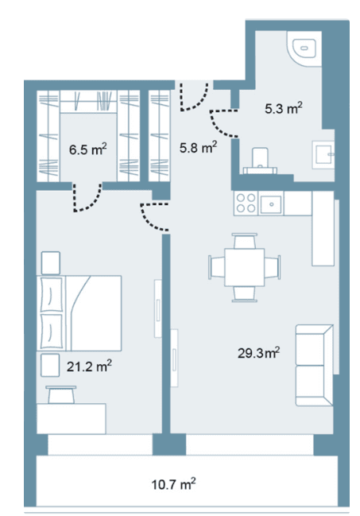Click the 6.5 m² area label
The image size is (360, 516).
[x=88, y=149]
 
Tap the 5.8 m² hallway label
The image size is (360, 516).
[x=198, y=147]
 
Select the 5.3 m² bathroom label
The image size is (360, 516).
[x=284, y=108]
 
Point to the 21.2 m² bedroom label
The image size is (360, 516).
[x=89, y=366]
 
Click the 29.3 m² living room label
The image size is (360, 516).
[x=258, y=353]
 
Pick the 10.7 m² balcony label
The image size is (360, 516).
[x=174, y=484]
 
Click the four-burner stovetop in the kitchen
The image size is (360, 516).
[x=246, y=203]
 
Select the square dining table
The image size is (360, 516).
[x=245, y=267]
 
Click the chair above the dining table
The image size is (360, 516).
[x=245, y=241]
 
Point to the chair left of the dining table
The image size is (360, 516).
[x=217, y=267]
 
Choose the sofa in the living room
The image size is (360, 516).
[x=314, y=365]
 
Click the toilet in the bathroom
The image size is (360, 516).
[x=260, y=161]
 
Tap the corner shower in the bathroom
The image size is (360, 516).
[x=304, y=48]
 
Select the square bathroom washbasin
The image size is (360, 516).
[x=323, y=155]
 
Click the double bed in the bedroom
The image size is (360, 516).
[x=81, y=312]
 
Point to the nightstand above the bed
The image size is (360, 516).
[x=51, y=262]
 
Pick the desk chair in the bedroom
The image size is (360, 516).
[x=61, y=394]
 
